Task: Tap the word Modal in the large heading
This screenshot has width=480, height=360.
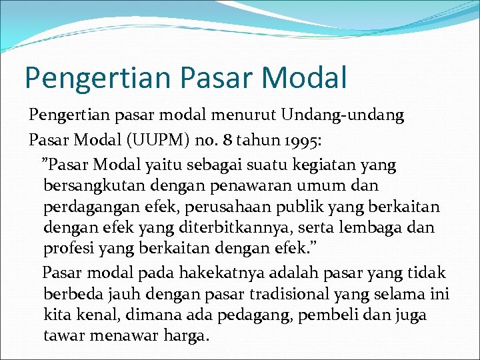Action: (305, 77)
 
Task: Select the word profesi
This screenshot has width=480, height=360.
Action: (67, 249)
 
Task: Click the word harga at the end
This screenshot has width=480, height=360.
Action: (186, 336)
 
